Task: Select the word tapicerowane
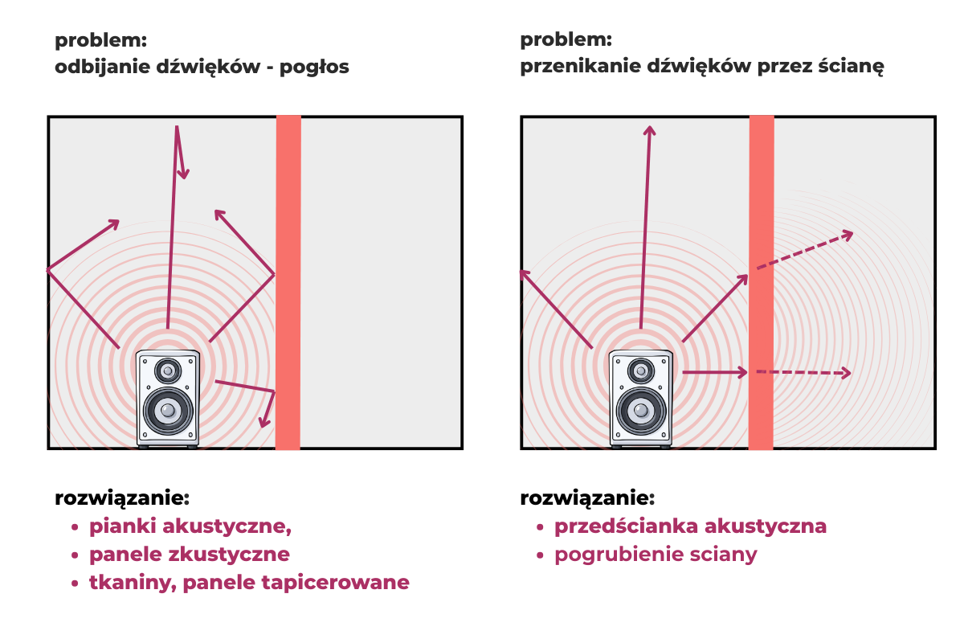coord(335,583)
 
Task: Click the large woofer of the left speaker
coord(168,411)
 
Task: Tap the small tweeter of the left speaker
coord(168,371)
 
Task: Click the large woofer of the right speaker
coord(641,411)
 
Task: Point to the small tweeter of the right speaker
coord(641,371)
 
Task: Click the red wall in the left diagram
coord(288,283)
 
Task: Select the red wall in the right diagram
coord(761,283)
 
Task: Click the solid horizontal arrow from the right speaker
coord(715,372)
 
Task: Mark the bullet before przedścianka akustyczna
coord(540,527)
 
